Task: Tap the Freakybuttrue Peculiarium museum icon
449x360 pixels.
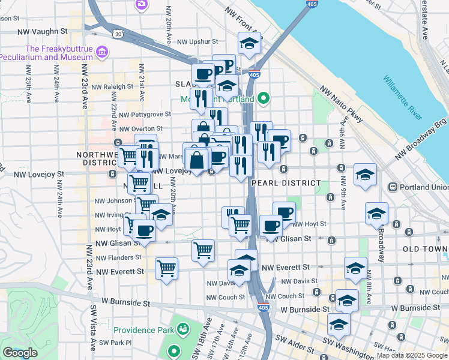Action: [102, 53]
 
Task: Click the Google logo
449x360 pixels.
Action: [20, 353]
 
